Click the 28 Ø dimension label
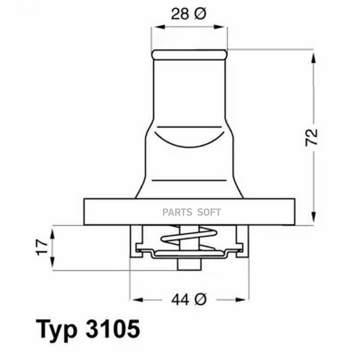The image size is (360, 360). tap(189, 14)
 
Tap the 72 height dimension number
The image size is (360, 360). tap(312, 138)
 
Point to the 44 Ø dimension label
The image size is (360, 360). tap(189, 299)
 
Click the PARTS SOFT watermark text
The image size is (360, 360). tap(192, 212)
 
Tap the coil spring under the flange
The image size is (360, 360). tap(189, 237)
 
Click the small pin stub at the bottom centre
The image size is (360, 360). tap(189, 264)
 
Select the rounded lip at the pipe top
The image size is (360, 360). tap(189, 55)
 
